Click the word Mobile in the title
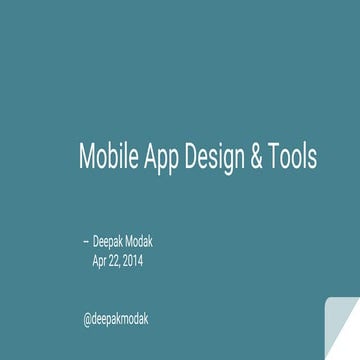point(106,158)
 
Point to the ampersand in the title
point(256,158)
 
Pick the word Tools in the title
point(293,158)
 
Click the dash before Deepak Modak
point(85,243)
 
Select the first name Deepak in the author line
point(111,243)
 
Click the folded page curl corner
point(342,330)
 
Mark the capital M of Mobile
point(87,158)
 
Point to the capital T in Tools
point(273,158)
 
